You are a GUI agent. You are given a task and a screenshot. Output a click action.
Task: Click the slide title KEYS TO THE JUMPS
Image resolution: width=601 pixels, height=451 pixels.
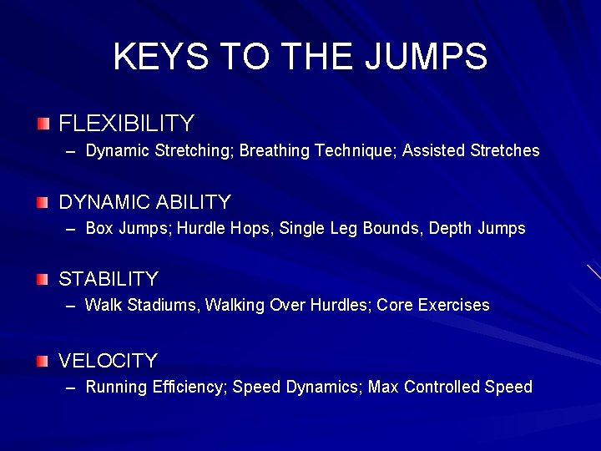[300, 57]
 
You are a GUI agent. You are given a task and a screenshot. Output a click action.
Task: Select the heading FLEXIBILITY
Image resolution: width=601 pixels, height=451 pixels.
[126, 124]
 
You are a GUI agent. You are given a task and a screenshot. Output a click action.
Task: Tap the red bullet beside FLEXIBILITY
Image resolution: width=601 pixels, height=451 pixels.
[43, 124]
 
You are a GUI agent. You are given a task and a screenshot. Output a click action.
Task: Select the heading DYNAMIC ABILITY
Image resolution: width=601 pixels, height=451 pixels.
[144, 202]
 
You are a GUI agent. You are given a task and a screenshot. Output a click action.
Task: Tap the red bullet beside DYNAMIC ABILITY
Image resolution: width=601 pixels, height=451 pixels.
[43, 202]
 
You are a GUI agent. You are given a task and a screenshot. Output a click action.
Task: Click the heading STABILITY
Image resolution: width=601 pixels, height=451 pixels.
[109, 279]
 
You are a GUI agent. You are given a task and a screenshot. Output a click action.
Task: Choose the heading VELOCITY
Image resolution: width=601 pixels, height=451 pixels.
[109, 361]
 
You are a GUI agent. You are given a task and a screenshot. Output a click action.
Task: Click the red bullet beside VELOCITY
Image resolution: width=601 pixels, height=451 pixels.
[43, 361]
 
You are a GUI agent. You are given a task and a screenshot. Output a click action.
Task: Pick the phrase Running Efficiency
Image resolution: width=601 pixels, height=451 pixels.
[154, 388]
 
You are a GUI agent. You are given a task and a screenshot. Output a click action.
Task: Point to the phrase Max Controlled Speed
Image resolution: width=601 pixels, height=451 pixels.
[450, 388]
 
